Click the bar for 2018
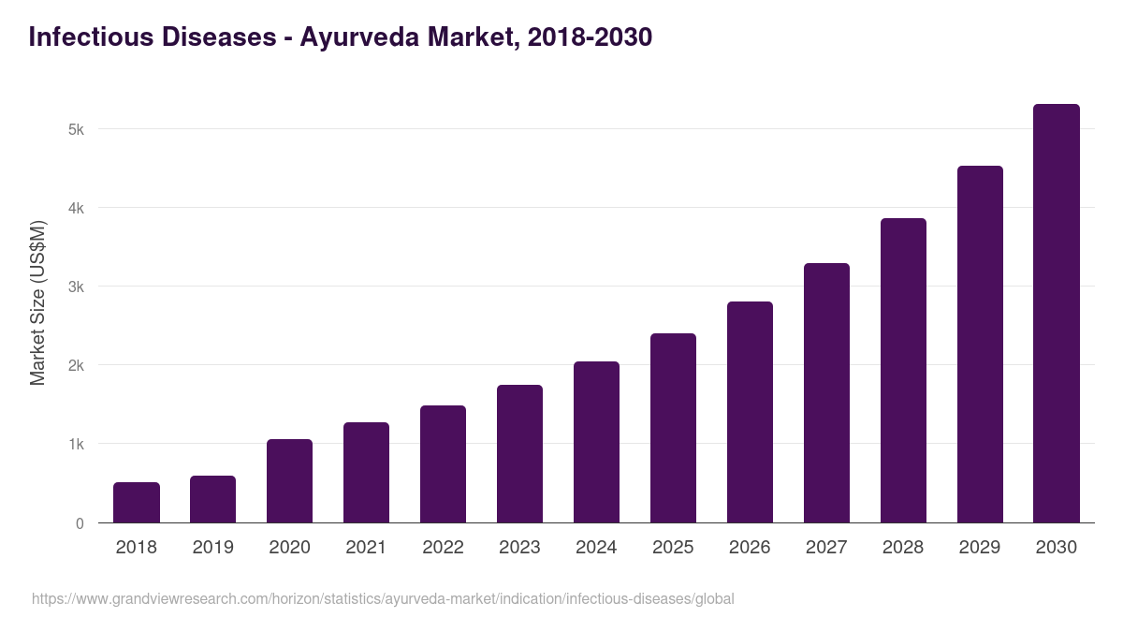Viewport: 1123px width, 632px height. point(137,503)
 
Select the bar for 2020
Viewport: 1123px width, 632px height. point(289,481)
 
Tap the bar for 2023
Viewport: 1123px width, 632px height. point(519,454)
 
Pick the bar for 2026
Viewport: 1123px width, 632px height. point(750,412)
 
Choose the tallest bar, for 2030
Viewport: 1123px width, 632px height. point(1056,314)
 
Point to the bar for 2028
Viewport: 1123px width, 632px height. point(903,371)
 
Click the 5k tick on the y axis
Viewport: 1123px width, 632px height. point(76,129)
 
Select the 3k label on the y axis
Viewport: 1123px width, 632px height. point(76,287)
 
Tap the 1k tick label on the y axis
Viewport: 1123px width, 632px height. point(76,444)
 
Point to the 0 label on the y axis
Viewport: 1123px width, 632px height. point(80,523)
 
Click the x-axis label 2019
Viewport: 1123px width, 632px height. point(212,548)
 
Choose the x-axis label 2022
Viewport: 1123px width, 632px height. point(443,548)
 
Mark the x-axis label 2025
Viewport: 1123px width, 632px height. point(673,548)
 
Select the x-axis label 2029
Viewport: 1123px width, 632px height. point(980,548)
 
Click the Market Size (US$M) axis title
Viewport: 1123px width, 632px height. point(37,302)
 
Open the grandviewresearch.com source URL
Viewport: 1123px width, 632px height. point(383,598)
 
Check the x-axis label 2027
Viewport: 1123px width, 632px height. point(826,548)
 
